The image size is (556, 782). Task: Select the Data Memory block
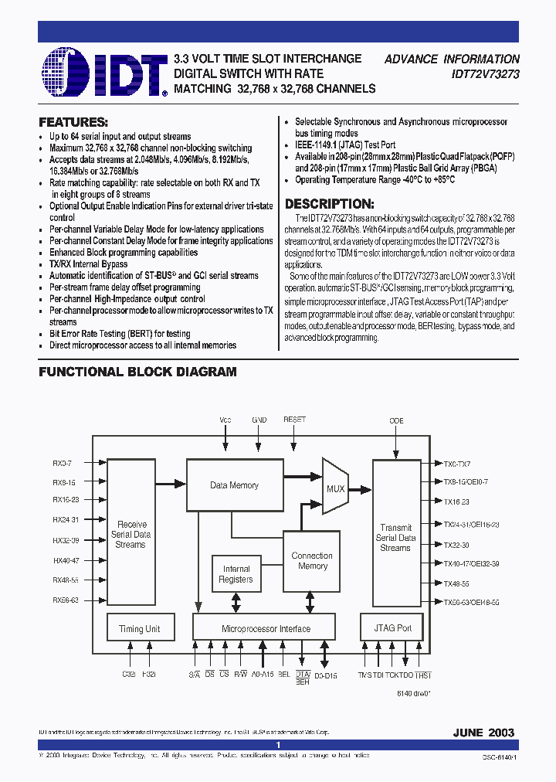(234, 484)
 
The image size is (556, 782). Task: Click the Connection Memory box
(312, 561)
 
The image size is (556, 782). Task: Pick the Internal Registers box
(236, 574)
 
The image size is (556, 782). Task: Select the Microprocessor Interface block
(265, 629)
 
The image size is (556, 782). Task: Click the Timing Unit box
(139, 629)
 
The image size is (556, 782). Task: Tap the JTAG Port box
(392, 628)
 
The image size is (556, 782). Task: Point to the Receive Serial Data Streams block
(130, 533)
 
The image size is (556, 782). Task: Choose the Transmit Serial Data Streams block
(395, 533)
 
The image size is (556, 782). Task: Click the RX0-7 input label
(62, 464)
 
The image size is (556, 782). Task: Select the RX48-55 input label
(65, 580)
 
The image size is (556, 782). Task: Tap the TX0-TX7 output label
(457, 464)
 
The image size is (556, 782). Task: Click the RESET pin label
(294, 420)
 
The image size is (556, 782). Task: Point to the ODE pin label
(396, 420)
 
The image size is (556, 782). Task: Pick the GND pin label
(259, 420)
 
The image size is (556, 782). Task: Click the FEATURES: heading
(73, 122)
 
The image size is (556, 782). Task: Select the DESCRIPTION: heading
(330, 204)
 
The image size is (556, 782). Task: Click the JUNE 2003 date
(484, 732)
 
